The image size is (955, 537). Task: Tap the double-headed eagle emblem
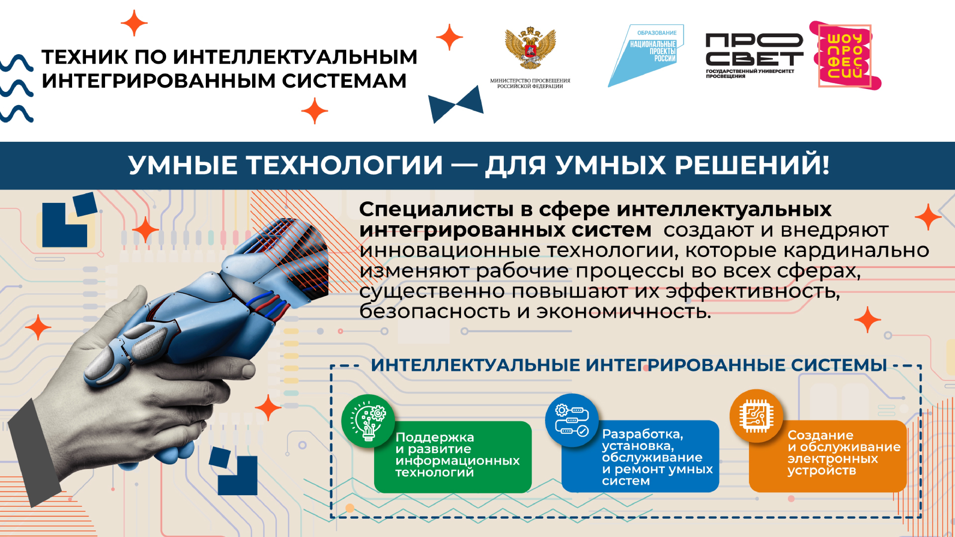tap(530, 47)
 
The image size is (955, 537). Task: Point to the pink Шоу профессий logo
tap(845, 56)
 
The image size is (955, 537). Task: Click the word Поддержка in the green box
tap(435, 437)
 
